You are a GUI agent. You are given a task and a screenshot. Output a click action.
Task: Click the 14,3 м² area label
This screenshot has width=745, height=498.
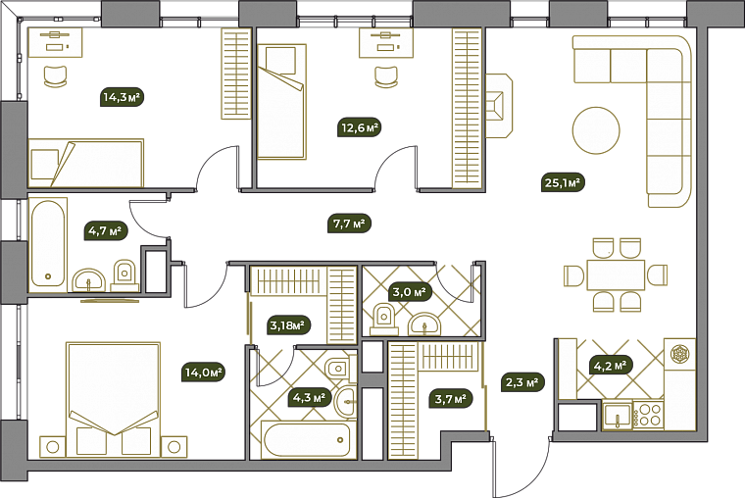[x=123, y=97]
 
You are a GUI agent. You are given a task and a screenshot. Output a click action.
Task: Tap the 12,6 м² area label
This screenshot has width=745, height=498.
[x=360, y=127]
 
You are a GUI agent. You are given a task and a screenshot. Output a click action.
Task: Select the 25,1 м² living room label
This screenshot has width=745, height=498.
[x=563, y=182]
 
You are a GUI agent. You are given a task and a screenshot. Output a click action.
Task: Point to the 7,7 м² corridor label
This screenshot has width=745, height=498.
[x=349, y=223]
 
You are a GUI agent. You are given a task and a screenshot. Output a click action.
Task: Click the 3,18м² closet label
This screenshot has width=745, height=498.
[x=287, y=325]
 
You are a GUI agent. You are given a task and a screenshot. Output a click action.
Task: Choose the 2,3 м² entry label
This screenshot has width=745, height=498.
[x=522, y=381]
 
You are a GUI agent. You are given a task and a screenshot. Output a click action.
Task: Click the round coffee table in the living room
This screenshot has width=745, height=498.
[x=596, y=130]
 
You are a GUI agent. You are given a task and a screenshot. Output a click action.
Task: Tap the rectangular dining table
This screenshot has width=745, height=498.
[x=616, y=274]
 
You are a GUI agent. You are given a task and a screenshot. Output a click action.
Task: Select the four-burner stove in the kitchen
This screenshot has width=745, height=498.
[x=648, y=415]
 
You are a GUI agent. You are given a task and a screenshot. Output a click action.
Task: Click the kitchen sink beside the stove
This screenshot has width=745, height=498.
[x=618, y=416]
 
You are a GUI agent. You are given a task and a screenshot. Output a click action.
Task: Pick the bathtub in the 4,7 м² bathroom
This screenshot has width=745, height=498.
[x=47, y=244]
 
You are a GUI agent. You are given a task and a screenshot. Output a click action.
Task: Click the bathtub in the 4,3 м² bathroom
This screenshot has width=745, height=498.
[x=306, y=439]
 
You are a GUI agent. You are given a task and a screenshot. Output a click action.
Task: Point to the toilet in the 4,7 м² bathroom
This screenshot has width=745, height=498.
[x=124, y=275]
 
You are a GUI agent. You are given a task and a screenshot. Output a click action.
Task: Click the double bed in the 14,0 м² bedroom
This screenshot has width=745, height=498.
[x=113, y=400]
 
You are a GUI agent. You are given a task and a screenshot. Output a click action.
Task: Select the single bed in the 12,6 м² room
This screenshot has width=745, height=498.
[x=281, y=102]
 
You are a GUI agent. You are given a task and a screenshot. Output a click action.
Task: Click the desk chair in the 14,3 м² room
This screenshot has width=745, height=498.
[x=55, y=76]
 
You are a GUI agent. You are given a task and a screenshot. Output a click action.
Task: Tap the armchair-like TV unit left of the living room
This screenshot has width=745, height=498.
[x=499, y=106]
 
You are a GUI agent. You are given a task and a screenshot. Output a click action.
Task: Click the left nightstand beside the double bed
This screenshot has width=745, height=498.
[x=53, y=447]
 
